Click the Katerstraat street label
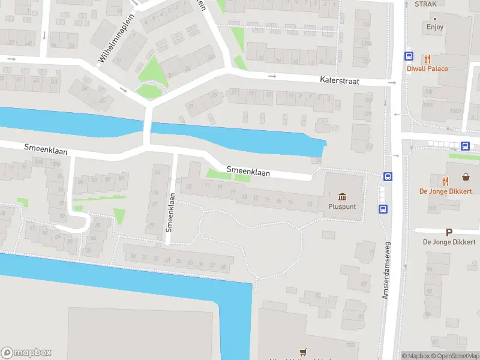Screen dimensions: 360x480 point(340,80)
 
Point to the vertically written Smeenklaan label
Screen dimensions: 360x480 point(170,212)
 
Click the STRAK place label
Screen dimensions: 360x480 point(425,4)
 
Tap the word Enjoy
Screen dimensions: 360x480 point(435,26)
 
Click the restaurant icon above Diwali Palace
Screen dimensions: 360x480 point(427,59)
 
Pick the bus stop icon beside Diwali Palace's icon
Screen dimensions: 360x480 point(409,56)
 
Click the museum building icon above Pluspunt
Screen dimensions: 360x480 point(342,196)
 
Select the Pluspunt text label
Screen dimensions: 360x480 point(342,206)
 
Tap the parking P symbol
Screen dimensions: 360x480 point(449,232)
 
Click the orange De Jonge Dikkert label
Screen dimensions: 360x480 point(445,191)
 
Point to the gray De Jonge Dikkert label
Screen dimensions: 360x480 point(449,242)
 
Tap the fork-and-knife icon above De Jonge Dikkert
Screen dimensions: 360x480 point(445,181)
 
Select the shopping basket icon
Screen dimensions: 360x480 point(466,177)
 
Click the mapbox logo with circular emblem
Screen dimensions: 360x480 point(26,353)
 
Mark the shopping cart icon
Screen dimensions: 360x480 point(303,352)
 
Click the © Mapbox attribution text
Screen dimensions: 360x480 point(416,356)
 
